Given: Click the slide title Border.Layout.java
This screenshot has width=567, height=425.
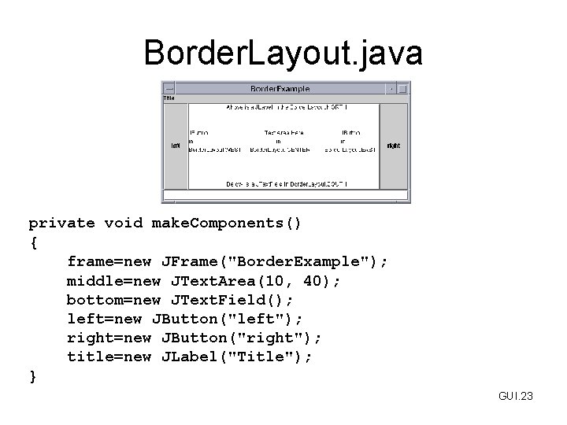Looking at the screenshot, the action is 283,53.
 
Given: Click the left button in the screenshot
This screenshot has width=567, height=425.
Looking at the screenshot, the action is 176,146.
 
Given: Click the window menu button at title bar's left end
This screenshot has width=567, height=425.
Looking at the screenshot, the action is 168,89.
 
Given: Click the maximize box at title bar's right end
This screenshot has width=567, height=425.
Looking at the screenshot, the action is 402,89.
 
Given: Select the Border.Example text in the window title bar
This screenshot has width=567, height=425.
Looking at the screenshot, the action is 280,89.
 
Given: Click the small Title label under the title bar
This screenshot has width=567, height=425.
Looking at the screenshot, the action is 169,99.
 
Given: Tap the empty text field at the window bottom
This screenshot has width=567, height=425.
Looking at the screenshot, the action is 285,196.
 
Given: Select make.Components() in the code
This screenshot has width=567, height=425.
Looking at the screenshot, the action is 227,224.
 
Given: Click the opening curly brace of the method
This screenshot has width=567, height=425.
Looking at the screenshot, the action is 32,242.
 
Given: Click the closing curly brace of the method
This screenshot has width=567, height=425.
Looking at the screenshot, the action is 32,376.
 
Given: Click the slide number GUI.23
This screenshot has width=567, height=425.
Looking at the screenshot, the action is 516,396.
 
